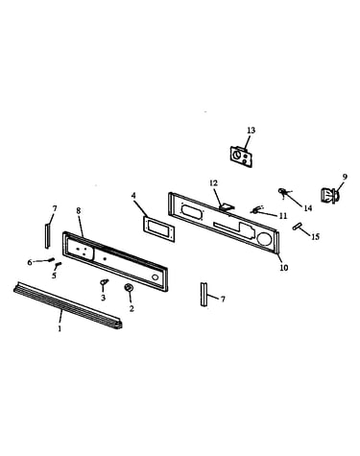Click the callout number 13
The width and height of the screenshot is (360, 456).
(x=252, y=131)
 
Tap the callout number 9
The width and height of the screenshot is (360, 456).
(x=345, y=177)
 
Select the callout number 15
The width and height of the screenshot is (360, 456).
(x=315, y=237)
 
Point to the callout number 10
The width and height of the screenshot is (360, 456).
(x=284, y=267)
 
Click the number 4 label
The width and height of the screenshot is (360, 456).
(x=133, y=195)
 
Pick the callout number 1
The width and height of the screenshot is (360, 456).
(x=60, y=328)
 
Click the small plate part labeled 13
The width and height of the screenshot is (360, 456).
(x=241, y=156)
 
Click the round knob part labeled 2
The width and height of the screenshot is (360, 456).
(x=130, y=288)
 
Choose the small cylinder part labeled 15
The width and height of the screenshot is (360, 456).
(x=298, y=227)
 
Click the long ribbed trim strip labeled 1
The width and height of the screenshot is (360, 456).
(x=67, y=305)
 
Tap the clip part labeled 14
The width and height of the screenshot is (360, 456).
(x=282, y=191)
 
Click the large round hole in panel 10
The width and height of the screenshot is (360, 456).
(x=264, y=239)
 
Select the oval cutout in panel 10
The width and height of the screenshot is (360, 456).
(x=192, y=212)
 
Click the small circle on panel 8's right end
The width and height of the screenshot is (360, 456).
(x=155, y=276)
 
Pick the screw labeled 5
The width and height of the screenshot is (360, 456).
(x=58, y=265)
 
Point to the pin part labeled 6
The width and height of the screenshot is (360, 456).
(x=51, y=259)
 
